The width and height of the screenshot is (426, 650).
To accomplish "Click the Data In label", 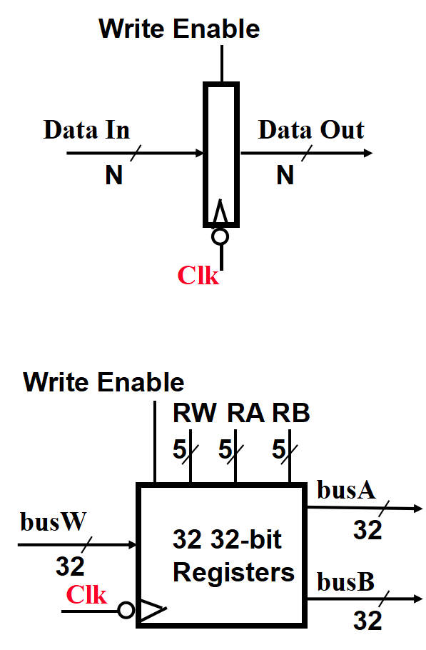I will tap(86, 130).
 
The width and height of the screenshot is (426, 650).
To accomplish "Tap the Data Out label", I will tap(310, 130).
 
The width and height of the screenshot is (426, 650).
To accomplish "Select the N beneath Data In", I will tap(113, 175).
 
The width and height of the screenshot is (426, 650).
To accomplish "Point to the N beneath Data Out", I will tap(285, 175).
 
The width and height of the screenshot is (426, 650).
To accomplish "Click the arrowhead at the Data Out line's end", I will tap(367, 153).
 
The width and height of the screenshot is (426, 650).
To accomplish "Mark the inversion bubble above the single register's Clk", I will tap(220, 236).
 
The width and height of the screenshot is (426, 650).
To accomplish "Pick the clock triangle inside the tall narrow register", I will tap(220, 213).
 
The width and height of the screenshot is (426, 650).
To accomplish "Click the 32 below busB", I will tap(367, 621).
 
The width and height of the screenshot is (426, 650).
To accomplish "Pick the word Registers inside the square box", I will tap(233, 572).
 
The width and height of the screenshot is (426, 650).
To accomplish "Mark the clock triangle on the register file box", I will tap(151, 610).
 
